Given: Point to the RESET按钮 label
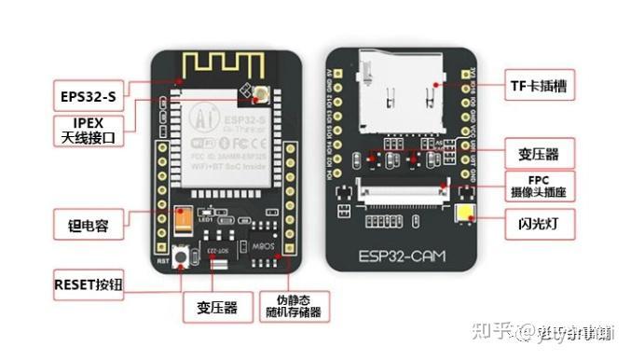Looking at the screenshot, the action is pyautogui.click(x=90, y=283).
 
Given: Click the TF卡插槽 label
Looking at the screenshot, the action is pyautogui.click(x=538, y=85).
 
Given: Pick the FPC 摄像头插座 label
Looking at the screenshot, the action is pyautogui.click(x=538, y=185).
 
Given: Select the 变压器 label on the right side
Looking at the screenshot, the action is pyautogui.click(x=538, y=151).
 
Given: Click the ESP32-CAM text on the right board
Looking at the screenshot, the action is pyautogui.click(x=404, y=254).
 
